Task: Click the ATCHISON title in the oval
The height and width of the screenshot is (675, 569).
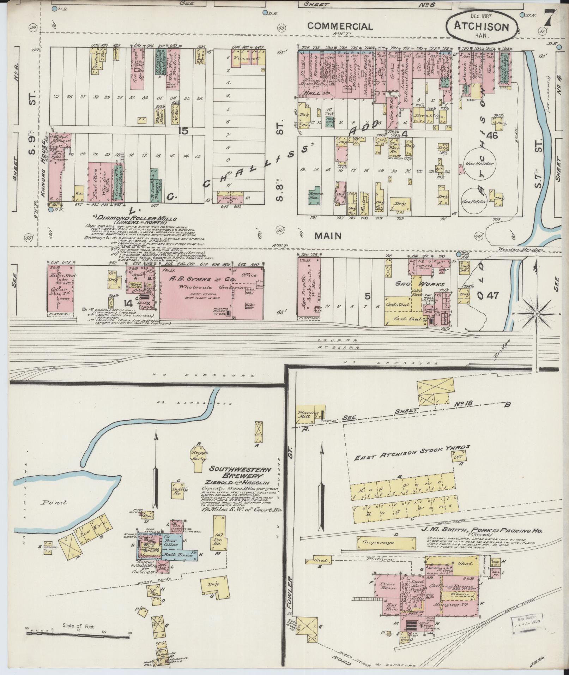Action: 481,27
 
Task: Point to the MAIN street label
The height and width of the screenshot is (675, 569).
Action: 328,236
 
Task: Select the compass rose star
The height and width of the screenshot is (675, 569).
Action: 536,313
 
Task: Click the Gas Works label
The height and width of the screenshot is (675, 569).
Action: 419,284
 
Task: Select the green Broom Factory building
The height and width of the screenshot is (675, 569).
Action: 314,195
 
